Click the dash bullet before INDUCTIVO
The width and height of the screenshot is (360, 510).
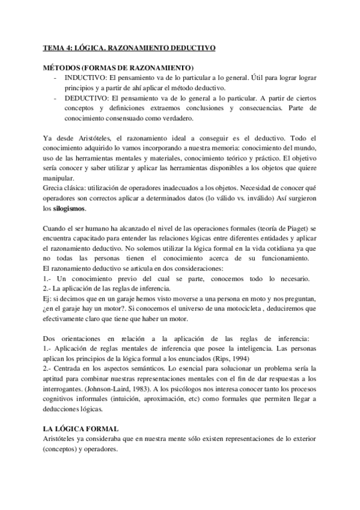point(56,79)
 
